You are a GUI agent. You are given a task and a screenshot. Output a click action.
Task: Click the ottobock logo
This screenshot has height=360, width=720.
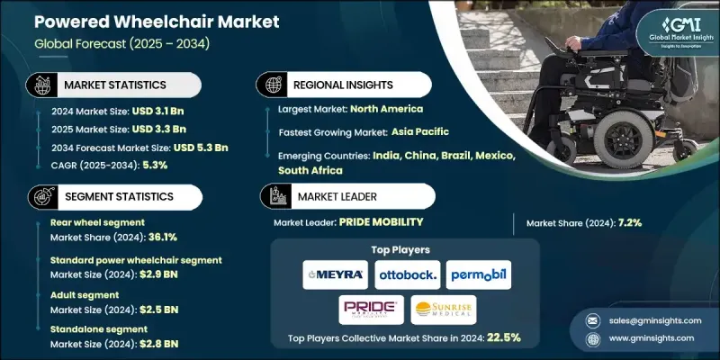pyautogui.click(x=402, y=273)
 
